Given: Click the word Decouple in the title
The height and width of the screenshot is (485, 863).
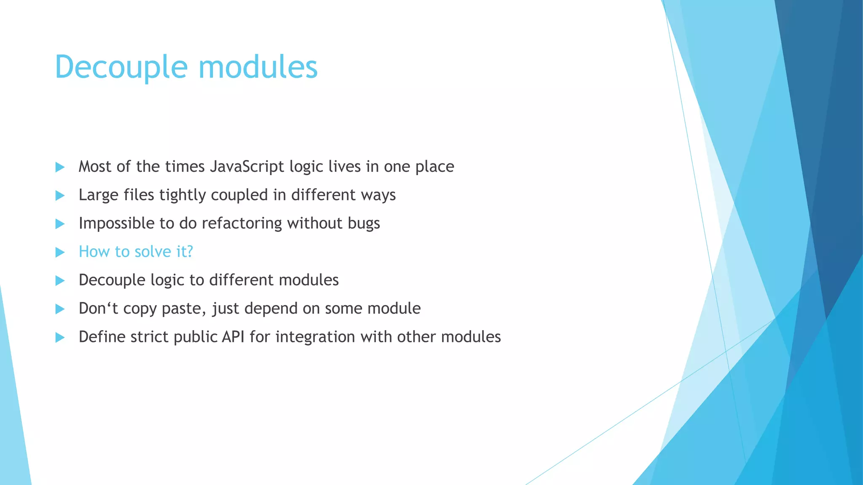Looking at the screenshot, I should (121, 67).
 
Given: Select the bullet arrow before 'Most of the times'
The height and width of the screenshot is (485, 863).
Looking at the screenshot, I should (60, 167).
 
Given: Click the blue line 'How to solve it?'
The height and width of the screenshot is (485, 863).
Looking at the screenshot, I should (136, 252).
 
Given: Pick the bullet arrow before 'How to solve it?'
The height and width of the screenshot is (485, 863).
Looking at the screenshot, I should (60, 253).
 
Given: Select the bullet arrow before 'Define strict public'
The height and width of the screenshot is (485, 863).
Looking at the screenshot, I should (60, 338).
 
